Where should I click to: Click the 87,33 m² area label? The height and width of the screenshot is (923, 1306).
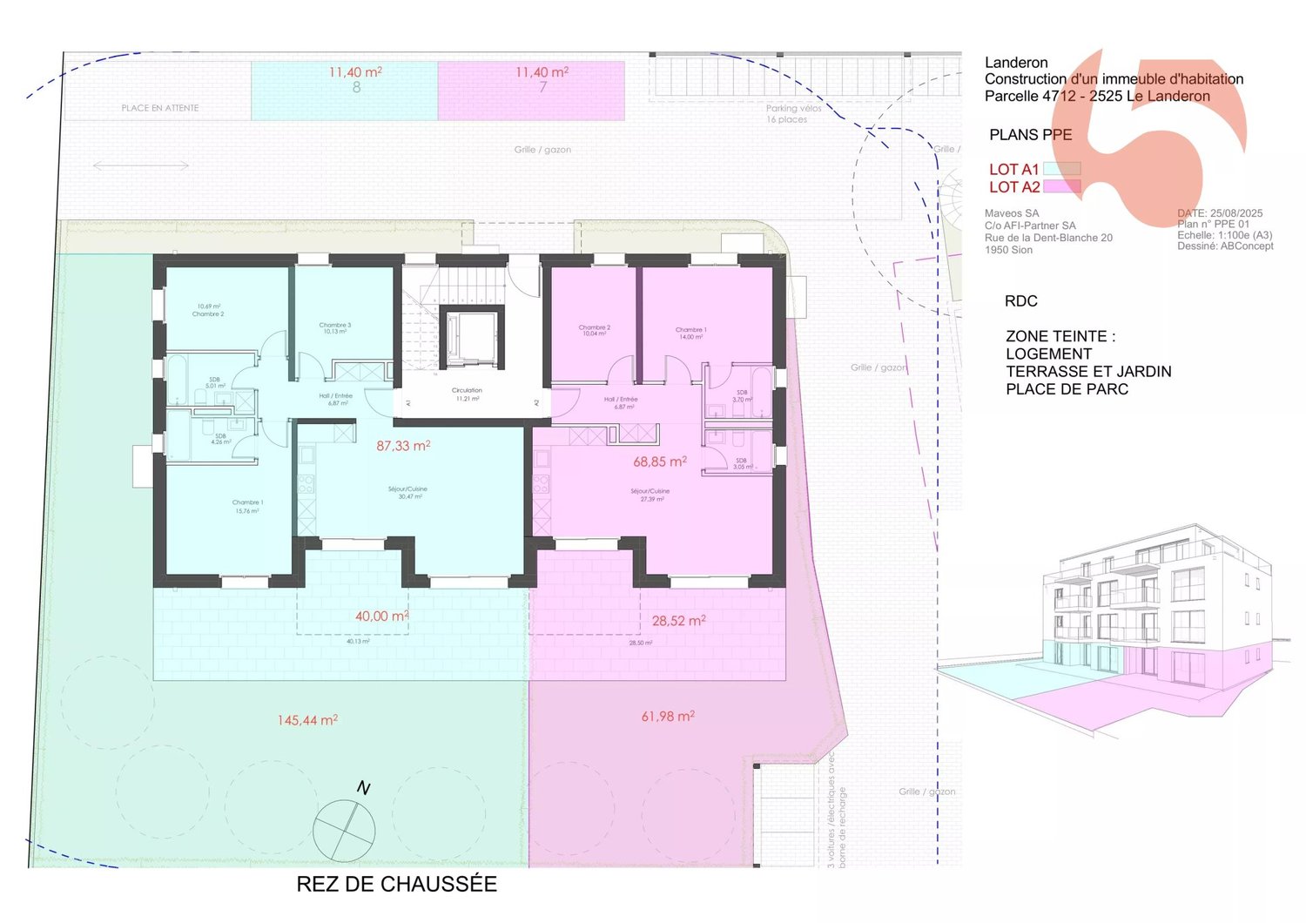click(x=403, y=446)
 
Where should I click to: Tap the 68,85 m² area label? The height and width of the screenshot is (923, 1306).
click(x=660, y=462)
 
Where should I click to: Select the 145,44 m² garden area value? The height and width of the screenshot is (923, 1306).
click(x=307, y=721)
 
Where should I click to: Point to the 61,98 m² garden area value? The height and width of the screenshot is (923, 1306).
click(x=668, y=717)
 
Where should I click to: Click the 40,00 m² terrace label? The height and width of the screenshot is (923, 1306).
click(x=381, y=616)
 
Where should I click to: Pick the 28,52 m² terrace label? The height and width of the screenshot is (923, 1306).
click(x=678, y=621)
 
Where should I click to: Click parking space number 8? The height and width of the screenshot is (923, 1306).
click(x=356, y=88)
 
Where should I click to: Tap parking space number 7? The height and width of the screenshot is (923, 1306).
click(x=543, y=88)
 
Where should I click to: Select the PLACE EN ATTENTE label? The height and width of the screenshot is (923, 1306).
click(x=160, y=108)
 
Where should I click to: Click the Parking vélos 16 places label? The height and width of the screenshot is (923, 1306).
click(x=792, y=114)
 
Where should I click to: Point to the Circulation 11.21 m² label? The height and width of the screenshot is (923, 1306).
click(x=467, y=394)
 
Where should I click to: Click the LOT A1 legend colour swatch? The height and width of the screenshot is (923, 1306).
click(x=1062, y=169)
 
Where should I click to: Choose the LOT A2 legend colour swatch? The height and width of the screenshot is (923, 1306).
click(x=1062, y=186)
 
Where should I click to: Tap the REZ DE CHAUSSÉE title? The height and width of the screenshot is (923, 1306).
click(x=396, y=884)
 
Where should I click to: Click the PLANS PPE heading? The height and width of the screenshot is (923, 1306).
click(x=1030, y=135)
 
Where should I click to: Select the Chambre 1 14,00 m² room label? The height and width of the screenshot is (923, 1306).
click(x=690, y=333)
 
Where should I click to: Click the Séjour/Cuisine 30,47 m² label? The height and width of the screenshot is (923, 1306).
click(x=407, y=492)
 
